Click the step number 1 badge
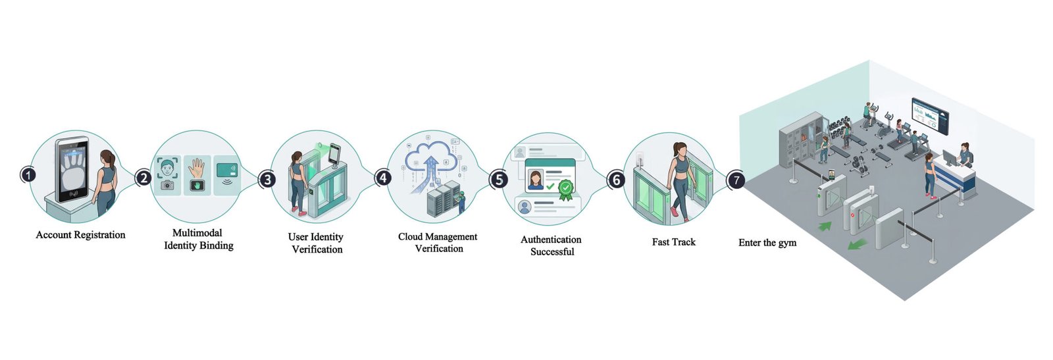29,175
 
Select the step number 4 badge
384,178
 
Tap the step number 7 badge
736,180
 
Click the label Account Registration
80,235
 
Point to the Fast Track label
673,242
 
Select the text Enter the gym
767,242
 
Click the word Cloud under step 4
410,236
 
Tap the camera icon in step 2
167,185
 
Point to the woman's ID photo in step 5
535,180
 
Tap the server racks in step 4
443,197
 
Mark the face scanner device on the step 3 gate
334,155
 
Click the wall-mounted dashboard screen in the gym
930,116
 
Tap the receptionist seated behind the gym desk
964,155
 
